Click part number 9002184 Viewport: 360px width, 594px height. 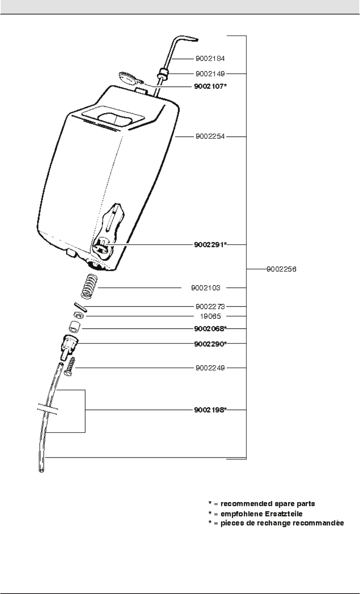tap(210, 59)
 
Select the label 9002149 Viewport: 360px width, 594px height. tap(210, 73)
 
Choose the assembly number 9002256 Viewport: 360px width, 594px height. tap(281, 269)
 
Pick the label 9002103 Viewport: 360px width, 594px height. tap(206, 288)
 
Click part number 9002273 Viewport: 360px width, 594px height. tap(210, 306)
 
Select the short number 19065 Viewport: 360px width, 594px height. tap(211, 316)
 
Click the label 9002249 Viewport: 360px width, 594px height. tap(210, 368)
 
